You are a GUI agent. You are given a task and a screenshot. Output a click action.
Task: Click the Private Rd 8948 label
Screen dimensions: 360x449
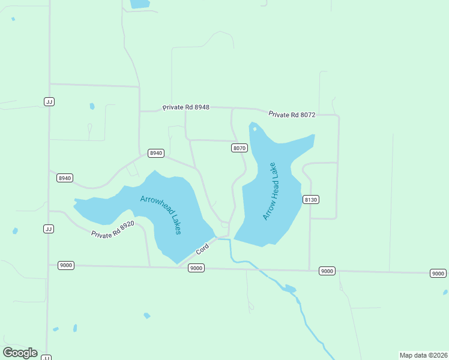(x=185, y=107)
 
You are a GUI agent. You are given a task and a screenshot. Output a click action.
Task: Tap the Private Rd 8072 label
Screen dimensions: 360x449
(x=292, y=114)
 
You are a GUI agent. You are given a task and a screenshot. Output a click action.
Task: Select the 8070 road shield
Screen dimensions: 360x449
(x=240, y=148)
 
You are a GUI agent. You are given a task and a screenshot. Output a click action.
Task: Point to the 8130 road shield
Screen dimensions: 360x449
(x=310, y=199)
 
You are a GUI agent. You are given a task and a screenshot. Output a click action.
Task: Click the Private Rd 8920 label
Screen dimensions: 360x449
(x=113, y=230)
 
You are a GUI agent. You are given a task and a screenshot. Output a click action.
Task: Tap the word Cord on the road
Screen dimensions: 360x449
(x=202, y=247)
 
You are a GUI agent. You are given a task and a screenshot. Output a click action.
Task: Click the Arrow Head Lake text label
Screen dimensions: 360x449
(x=271, y=191)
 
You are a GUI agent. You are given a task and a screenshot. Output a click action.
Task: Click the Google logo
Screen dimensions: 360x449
(x=20, y=352)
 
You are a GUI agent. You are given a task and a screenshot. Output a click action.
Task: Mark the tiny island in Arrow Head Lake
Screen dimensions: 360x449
(x=255, y=128)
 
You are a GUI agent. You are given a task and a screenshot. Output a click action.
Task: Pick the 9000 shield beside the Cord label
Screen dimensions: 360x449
(x=196, y=268)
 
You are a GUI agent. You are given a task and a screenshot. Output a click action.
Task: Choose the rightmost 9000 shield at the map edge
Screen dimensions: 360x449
(x=438, y=274)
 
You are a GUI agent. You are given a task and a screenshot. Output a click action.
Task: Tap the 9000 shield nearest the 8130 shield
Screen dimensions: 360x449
(x=327, y=271)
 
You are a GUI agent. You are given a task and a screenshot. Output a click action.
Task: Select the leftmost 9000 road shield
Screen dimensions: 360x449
(x=66, y=265)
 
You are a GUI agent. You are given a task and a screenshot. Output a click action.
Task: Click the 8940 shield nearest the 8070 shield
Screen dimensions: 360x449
(x=156, y=153)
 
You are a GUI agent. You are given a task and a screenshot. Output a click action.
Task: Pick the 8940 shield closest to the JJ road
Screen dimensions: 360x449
(x=65, y=178)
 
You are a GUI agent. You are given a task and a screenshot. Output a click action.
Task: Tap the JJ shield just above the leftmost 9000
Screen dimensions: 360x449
(x=49, y=229)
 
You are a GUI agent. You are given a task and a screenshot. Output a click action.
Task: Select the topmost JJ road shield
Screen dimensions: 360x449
(x=49, y=101)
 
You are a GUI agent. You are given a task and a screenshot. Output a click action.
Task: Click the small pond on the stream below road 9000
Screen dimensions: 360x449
(x=290, y=289)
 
